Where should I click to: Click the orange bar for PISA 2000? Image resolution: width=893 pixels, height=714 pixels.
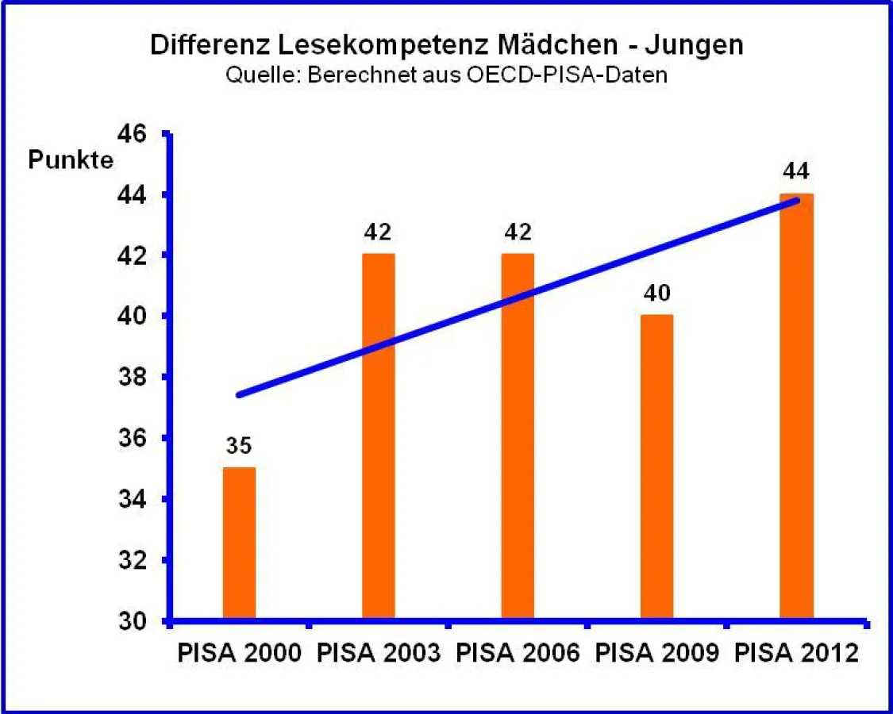point(239,543)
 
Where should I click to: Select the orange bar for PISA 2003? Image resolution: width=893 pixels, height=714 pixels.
point(379,436)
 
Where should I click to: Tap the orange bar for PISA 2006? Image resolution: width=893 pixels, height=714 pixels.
point(518,436)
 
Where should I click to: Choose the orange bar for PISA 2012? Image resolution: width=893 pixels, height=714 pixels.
point(796,405)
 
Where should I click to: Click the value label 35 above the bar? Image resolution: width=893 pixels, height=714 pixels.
point(239,446)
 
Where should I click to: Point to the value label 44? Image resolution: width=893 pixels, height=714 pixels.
point(796,171)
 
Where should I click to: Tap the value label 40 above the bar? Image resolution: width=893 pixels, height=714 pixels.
point(657,294)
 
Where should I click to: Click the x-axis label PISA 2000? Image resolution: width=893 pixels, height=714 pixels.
point(239,654)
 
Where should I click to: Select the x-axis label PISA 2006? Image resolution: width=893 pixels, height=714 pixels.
point(518,654)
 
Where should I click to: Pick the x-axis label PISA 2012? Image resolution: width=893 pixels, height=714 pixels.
point(796,654)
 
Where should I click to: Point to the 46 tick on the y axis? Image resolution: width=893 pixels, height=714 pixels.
point(132,133)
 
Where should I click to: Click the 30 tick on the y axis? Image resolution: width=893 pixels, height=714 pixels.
point(132,620)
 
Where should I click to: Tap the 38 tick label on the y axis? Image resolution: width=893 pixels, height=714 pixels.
point(132,377)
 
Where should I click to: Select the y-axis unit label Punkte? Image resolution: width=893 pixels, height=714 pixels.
point(71,160)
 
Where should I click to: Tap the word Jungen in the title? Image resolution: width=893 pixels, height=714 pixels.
point(694,45)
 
